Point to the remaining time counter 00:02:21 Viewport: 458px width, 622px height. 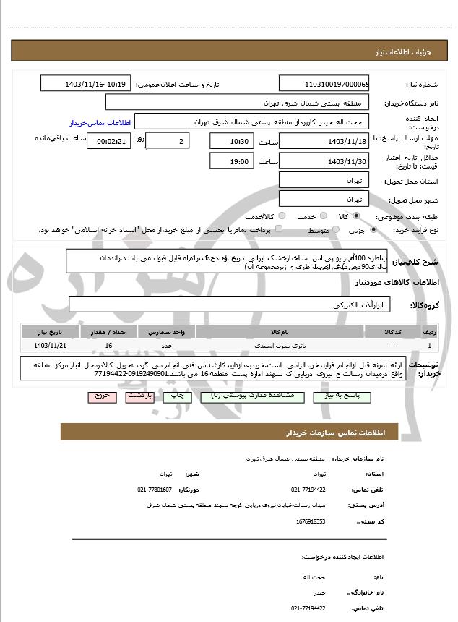pos(108,141)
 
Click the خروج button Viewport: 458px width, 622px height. pos(100,396)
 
